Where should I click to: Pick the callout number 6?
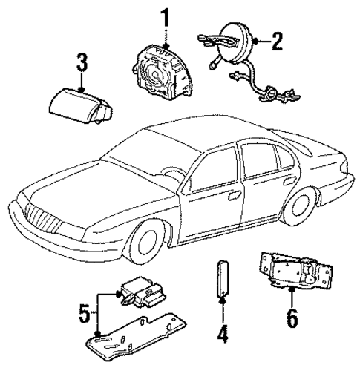point(292,319)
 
